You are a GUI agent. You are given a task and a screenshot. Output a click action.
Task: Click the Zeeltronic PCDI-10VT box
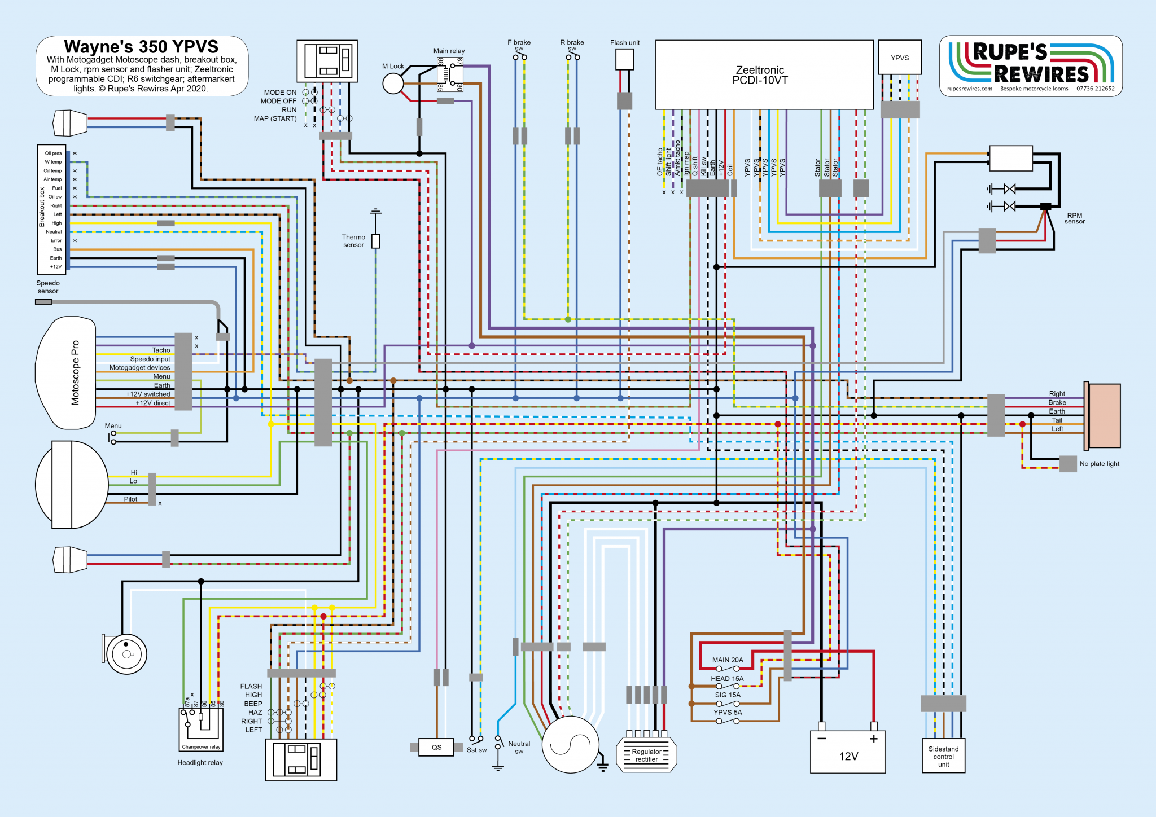(x=764, y=74)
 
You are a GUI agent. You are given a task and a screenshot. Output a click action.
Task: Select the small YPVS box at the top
(x=900, y=58)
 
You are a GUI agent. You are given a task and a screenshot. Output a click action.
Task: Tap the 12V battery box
(x=848, y=753)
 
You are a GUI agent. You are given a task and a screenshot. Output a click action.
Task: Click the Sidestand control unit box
(x=943, y=756)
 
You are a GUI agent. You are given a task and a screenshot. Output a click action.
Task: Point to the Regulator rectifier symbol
(x=646, y=755)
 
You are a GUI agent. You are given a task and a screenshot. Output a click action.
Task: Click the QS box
(x=436, y=747)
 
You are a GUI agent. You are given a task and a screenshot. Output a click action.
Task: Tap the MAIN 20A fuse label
(x=727, y=660)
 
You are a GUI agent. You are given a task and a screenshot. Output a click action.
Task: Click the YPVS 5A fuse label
(x=727, y=712)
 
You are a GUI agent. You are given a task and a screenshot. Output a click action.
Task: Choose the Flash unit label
(x=625, y=43)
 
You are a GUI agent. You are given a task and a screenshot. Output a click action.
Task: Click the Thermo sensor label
(x=353, y=241)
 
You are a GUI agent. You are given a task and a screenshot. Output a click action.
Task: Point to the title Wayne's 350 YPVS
(x=141, y=46)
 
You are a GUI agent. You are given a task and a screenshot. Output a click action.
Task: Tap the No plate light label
(x=1099, y=464)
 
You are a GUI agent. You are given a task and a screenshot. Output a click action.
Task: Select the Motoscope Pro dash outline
(x=65, y=372)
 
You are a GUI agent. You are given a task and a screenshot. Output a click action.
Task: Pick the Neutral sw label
(x=519, y=747)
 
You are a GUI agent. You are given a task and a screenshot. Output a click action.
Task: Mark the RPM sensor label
(x=1074, y=218)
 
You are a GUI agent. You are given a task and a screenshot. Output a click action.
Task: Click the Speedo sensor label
(x=48, y=287)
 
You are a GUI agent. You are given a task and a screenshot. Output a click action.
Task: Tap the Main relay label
(x=449, y=51)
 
